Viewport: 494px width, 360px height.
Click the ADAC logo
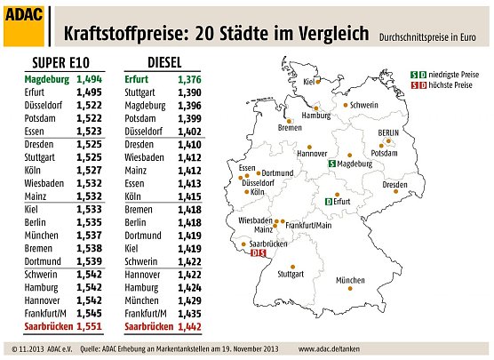tap(24, 23)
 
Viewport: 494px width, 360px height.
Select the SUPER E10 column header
tap(60, 63)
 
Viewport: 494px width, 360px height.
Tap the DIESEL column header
tap(153, 63)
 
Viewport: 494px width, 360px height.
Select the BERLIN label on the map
tap(388, 132)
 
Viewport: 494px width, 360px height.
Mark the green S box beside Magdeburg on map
tap(332, 164)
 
